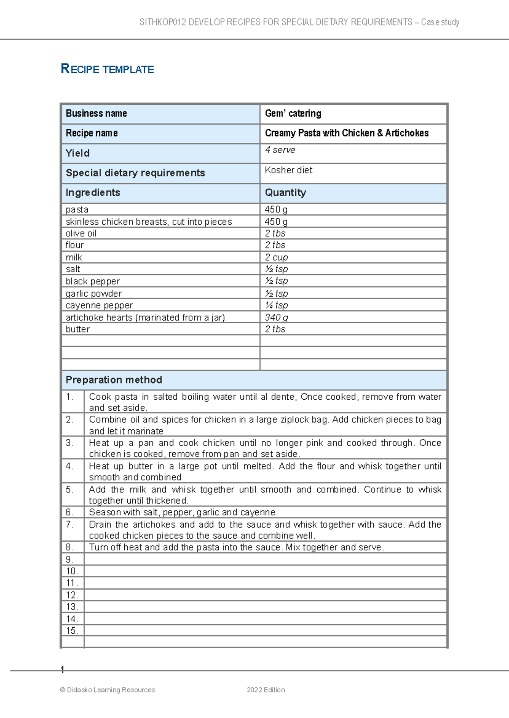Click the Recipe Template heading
(x=107, y=69)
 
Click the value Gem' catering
(x=293, y=114)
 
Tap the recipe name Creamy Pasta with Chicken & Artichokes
(x=347, y=133)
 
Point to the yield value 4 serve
(x=280, y=150)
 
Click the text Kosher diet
(x=288, y=170)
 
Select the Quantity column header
(x=285, y=193)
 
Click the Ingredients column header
(x=93, y=193)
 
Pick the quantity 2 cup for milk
(x=276, y=257)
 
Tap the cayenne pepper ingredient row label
(x=99, y=306)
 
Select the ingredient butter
(x=78, y=329)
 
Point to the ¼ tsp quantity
(x=277, y=305)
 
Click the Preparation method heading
(x=114, y=380)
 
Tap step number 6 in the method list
(x=70, y=512)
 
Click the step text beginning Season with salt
(x=183, y=512)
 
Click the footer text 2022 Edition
(x=266, y=690)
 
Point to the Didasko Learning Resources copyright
(x=108, y=690)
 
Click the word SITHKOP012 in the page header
(x=162, y=22)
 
